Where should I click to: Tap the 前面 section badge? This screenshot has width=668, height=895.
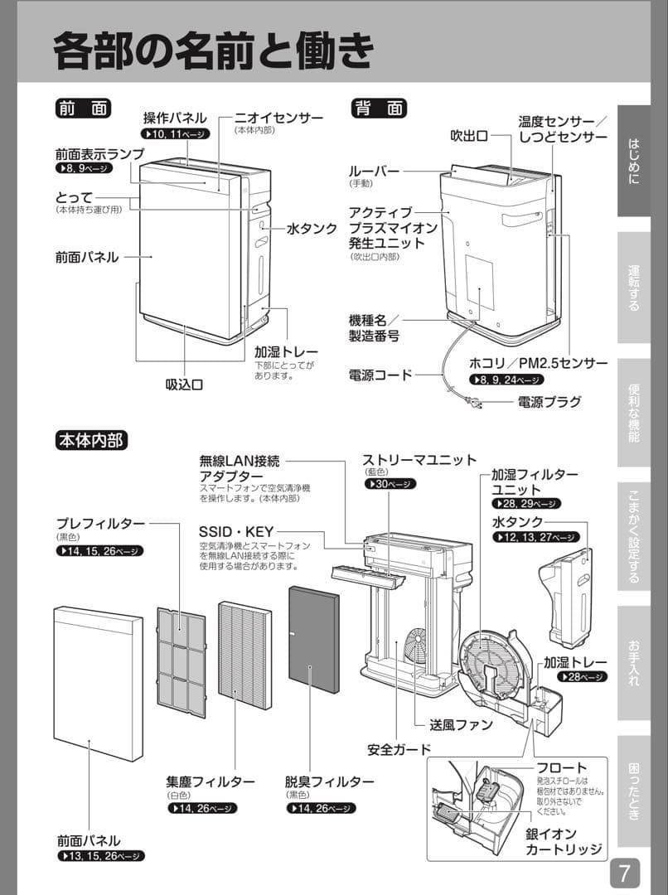[x=83, y=109]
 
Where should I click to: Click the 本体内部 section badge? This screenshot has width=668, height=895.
[x=91, y=440]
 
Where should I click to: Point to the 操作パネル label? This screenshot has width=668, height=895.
[x=175, y=119]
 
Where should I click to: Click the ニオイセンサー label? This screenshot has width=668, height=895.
[x=278, y=119]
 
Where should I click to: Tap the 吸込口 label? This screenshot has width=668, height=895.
[x=184, y=384]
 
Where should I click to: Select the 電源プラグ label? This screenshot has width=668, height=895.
[x=549, y=402]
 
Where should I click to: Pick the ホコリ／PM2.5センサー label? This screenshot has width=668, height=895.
[x=538, y=363]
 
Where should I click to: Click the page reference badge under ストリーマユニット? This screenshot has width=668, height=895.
[x=390, y=484]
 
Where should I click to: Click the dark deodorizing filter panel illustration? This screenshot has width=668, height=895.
[x=313, y=640]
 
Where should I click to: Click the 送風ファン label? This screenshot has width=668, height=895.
[x=461, y=724]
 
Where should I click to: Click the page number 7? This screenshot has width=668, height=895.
[x=625, y=873]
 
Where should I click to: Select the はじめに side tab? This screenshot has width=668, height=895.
[x=633, y=162]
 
